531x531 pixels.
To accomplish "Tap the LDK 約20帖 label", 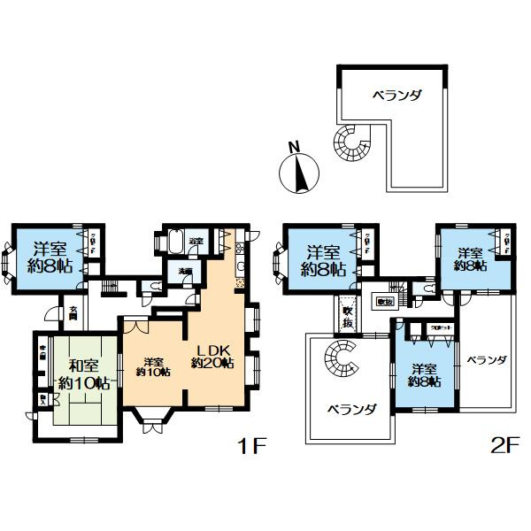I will pyautogui.click(x=212, y=355).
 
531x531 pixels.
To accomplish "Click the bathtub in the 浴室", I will pyautogui.click(x=173, y=242).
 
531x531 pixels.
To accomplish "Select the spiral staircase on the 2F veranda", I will pyautogui.click(x=338, y=358).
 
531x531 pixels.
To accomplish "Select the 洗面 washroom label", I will pyautogui.click(x=185, y=270).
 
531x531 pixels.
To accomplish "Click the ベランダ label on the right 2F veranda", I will pyautogui.click(x=487, y=360).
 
